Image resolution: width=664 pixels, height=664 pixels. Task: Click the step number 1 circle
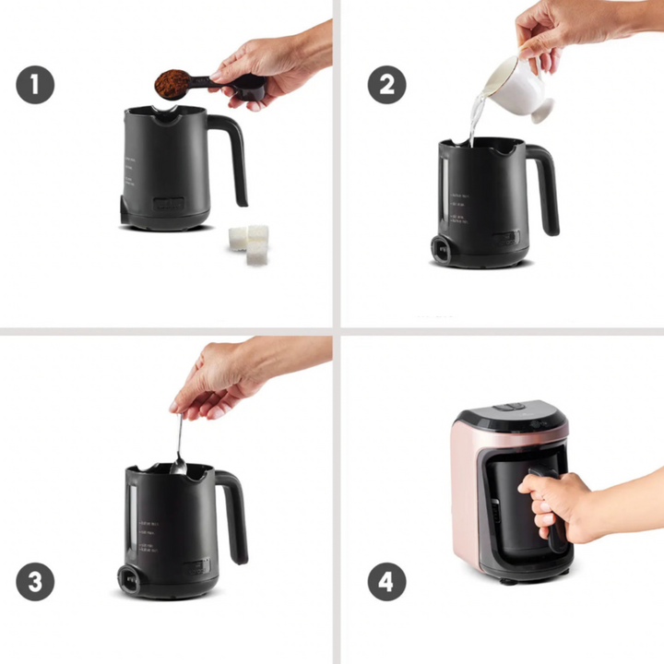[35, 86]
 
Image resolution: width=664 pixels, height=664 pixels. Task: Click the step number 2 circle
[387, 86]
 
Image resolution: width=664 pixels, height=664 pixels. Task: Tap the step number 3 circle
[35, 583]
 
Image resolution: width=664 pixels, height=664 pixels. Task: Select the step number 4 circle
[387, 583]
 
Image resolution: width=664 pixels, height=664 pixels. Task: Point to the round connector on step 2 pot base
[443, 250]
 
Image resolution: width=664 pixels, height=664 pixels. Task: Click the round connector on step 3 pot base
[126, 580]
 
